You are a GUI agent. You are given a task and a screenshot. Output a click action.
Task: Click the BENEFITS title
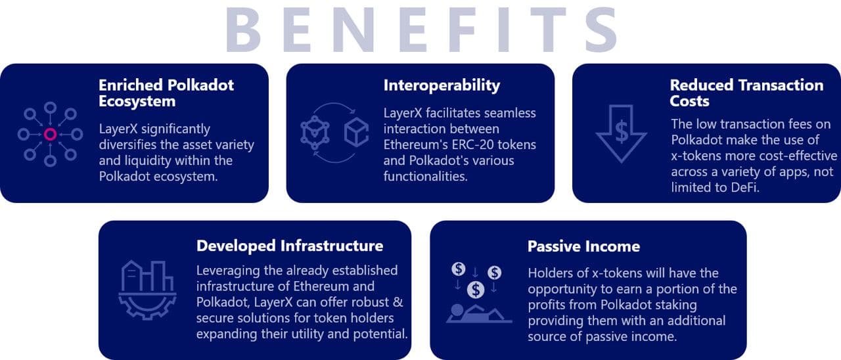coord(421,30)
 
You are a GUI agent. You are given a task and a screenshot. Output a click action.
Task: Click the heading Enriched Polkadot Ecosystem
coord(166,93)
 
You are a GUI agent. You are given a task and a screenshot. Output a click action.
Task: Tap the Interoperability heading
coord(442,86)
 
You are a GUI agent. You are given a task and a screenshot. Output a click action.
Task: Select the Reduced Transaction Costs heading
coord(746,93)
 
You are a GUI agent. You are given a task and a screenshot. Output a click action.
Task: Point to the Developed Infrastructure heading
coord(290,246)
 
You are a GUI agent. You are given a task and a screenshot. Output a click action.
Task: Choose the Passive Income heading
coord(583,246)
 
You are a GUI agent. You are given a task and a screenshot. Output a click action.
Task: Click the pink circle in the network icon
coord(51,134)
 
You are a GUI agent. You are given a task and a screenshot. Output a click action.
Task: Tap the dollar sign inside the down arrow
coord(622,131)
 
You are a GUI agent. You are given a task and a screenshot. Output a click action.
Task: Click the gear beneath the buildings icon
coord(147,306)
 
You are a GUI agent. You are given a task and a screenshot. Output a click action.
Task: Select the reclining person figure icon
coord(479,314)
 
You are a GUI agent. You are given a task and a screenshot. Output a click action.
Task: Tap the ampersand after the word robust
coord(398,302)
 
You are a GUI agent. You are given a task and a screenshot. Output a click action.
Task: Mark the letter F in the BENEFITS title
coord(461,30)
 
